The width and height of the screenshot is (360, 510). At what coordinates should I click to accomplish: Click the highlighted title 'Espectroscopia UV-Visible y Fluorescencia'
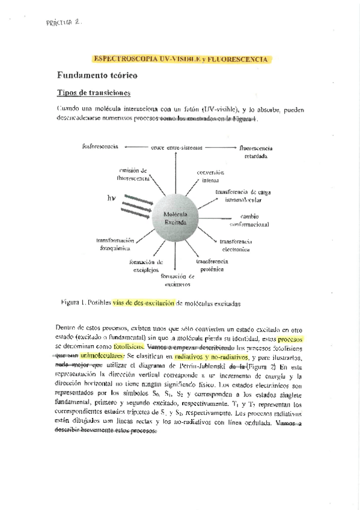pyautogui.click(x=181, y=59)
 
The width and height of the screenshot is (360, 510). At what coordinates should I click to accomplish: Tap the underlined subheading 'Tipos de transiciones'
pyautogui.click(x=94, y=93)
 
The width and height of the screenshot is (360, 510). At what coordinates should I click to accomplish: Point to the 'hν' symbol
pyautogui.click(x=111, y=198)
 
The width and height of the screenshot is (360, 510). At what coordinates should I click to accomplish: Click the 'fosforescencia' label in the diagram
pyautogui.click(x=100, y=146)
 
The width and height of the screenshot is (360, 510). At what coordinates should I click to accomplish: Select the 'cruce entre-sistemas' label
pyautogui.click(x=176, y=147)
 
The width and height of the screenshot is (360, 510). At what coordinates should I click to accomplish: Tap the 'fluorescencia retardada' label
pyautogui.click(x=255, y=151)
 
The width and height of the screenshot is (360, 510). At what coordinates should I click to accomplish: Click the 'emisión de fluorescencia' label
pyautogui.click(x=134, y=174)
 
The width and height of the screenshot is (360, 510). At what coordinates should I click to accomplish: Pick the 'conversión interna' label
pyautogui.click(x=210, y=176)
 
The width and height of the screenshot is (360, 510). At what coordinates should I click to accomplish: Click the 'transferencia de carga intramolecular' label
pyautogui.click(x=243, y=195)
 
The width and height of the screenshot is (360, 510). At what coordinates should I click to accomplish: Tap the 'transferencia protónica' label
pyautogui.click(x=211, y=265)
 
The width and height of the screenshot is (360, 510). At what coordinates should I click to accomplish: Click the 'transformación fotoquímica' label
pyautogui.click(x=116, y=244)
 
